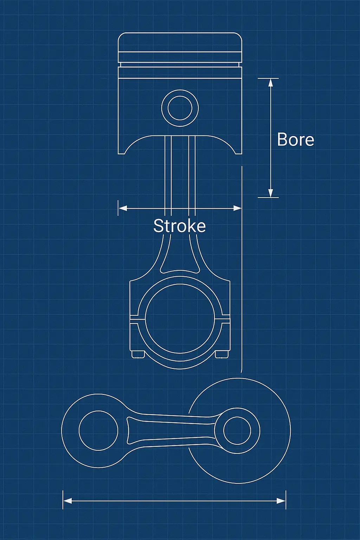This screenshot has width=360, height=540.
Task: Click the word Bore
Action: (295, 140)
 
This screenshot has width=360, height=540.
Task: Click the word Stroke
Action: (179, 226)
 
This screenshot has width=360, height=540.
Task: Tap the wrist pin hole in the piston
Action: (180, 108)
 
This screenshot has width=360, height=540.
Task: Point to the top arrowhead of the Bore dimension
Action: (270, 83)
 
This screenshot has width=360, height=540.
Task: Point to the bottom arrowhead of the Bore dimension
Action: (270, 193)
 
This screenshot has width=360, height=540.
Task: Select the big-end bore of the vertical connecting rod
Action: (180, 321)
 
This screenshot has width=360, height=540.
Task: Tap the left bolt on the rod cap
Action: (138, 354)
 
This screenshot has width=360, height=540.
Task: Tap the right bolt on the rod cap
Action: (221, 354)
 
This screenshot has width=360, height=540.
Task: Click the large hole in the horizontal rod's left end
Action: (98, 430)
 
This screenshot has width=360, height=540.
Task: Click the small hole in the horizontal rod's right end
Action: (237, 431)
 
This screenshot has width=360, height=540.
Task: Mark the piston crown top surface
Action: (180, 33)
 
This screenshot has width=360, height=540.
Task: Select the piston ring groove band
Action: (180, 65)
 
